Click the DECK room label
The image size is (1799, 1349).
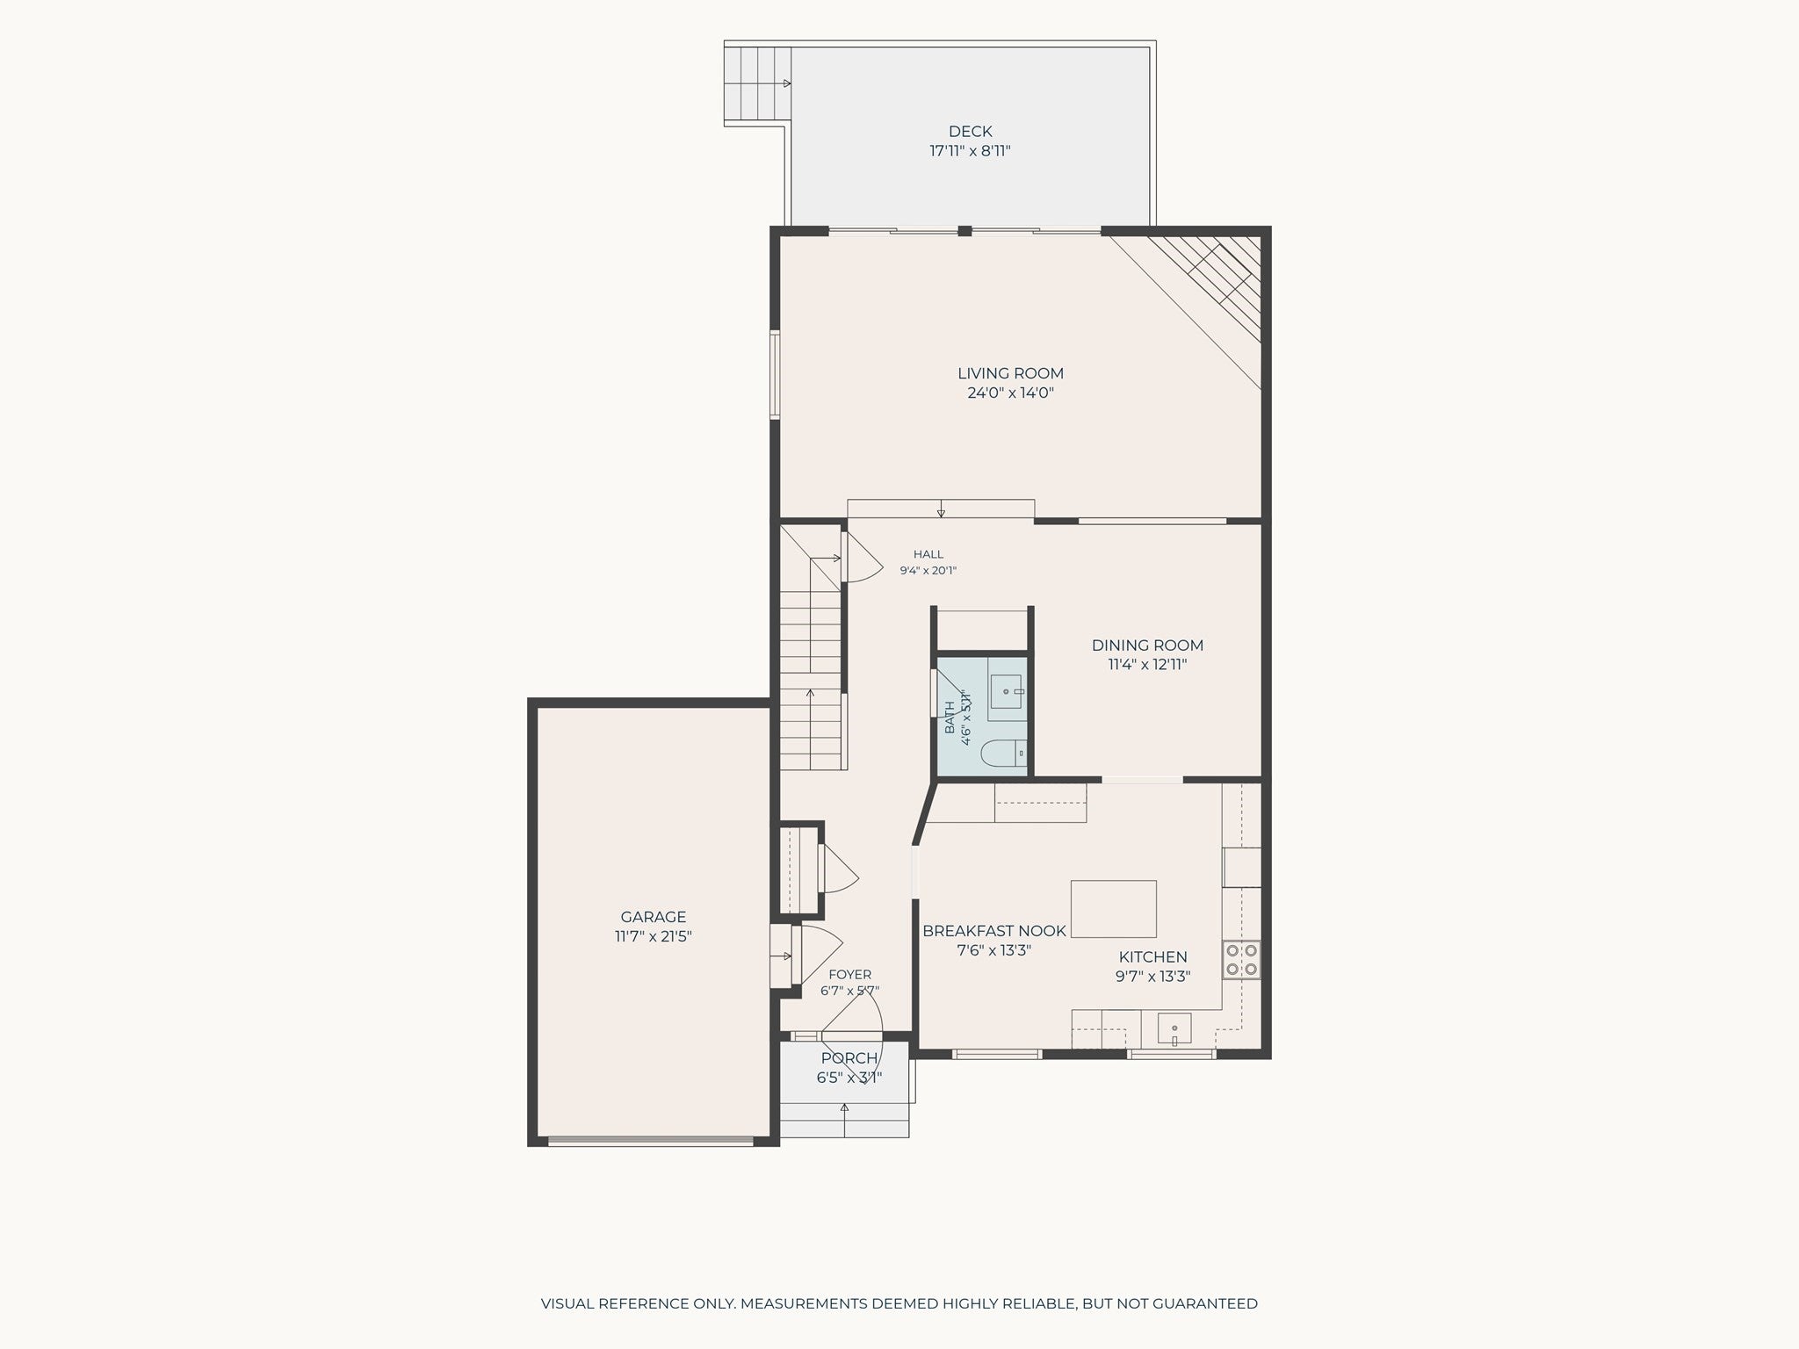click(970, 132)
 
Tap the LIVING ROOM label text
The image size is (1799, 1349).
click(1010, 373)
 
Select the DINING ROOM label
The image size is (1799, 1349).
click(1147, 646)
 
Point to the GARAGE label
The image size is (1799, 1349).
click(653, 918)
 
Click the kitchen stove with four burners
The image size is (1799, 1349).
click(1241, 959)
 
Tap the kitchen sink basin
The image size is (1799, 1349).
click(1174, 1028)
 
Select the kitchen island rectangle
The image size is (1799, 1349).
click(1113, 909)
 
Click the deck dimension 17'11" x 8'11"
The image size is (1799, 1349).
click(970, 151)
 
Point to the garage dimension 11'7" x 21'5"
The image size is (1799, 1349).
click(653, 937)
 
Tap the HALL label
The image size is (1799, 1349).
click(928, 554)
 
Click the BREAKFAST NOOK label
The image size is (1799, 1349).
click(993, 931)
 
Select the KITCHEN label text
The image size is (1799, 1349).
click(1152, 957)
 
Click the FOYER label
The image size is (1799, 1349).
click(849, 974)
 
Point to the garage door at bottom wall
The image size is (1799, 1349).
click(651, 1141)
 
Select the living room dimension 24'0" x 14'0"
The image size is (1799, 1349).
click(1010, 393)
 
